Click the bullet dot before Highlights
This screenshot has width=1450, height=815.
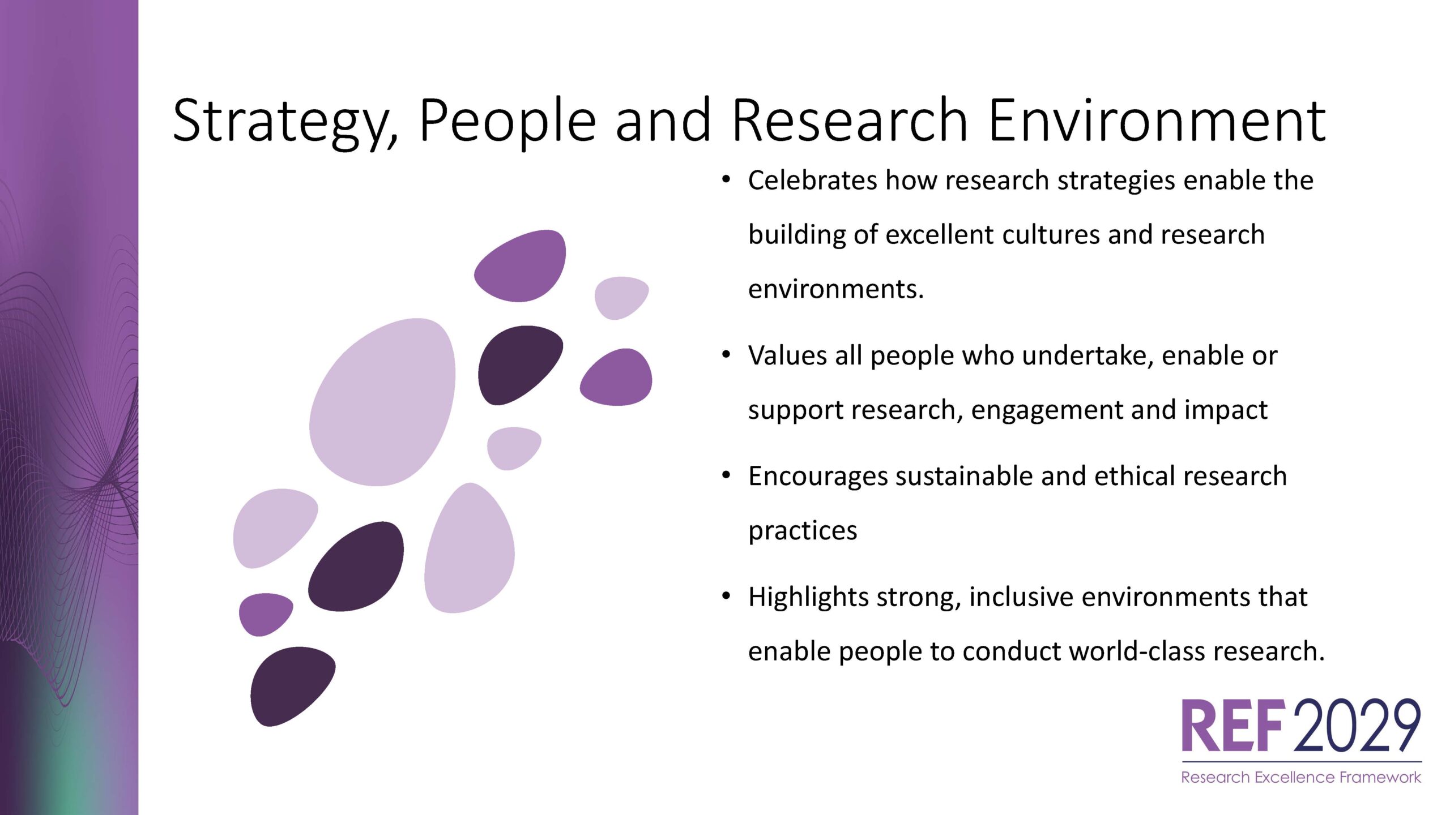726,596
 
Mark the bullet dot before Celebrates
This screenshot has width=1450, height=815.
726,180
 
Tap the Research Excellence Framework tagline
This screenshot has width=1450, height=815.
1301,778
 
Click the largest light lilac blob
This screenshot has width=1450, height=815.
382,402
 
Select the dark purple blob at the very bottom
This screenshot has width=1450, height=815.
293,686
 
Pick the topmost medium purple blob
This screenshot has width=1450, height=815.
520,266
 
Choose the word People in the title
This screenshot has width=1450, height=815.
507,121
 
